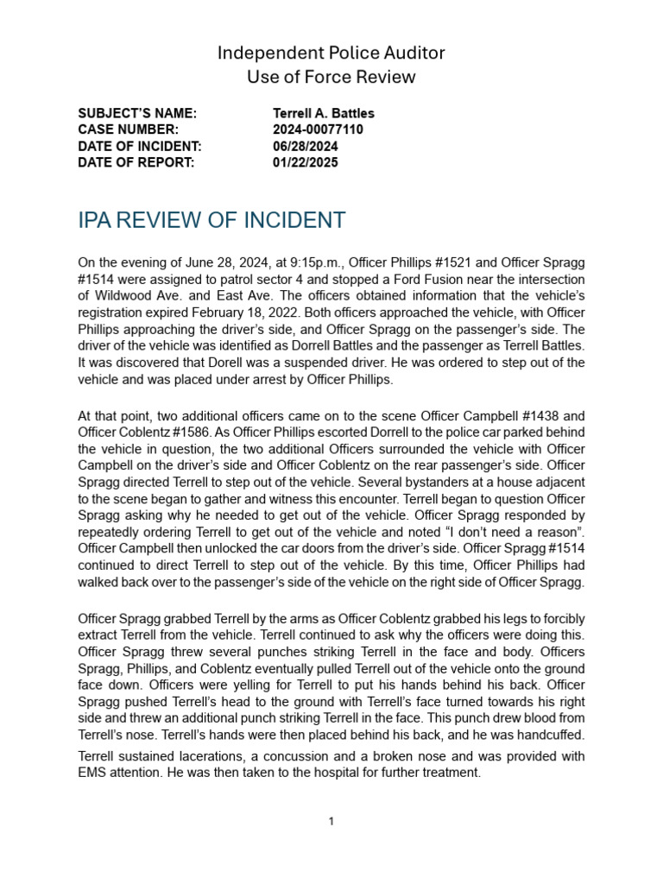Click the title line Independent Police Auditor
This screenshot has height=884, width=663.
pyautogui.click(x=331, y=54)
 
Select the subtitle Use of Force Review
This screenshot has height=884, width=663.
pyautogui.click(x=331, y=77)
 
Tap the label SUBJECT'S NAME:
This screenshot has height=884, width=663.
pyautogui.click(x=137, y=114)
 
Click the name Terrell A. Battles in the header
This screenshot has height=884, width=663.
pyautogui.click(x=324, y=114)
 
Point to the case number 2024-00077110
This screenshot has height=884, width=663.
pyautogui.click(x=318, y=130)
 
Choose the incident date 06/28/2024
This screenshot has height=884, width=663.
pyautogui.click(x=306, y=147)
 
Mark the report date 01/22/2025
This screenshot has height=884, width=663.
pyautogui.click(x=306, y=162)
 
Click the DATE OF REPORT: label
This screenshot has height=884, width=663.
pyautogui.click(x=136, y=162)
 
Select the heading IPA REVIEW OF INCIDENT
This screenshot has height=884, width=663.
pyautogui.click(x=212, y=221)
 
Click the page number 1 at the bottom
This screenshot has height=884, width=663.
pyautogui.click(x=331, y=822)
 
